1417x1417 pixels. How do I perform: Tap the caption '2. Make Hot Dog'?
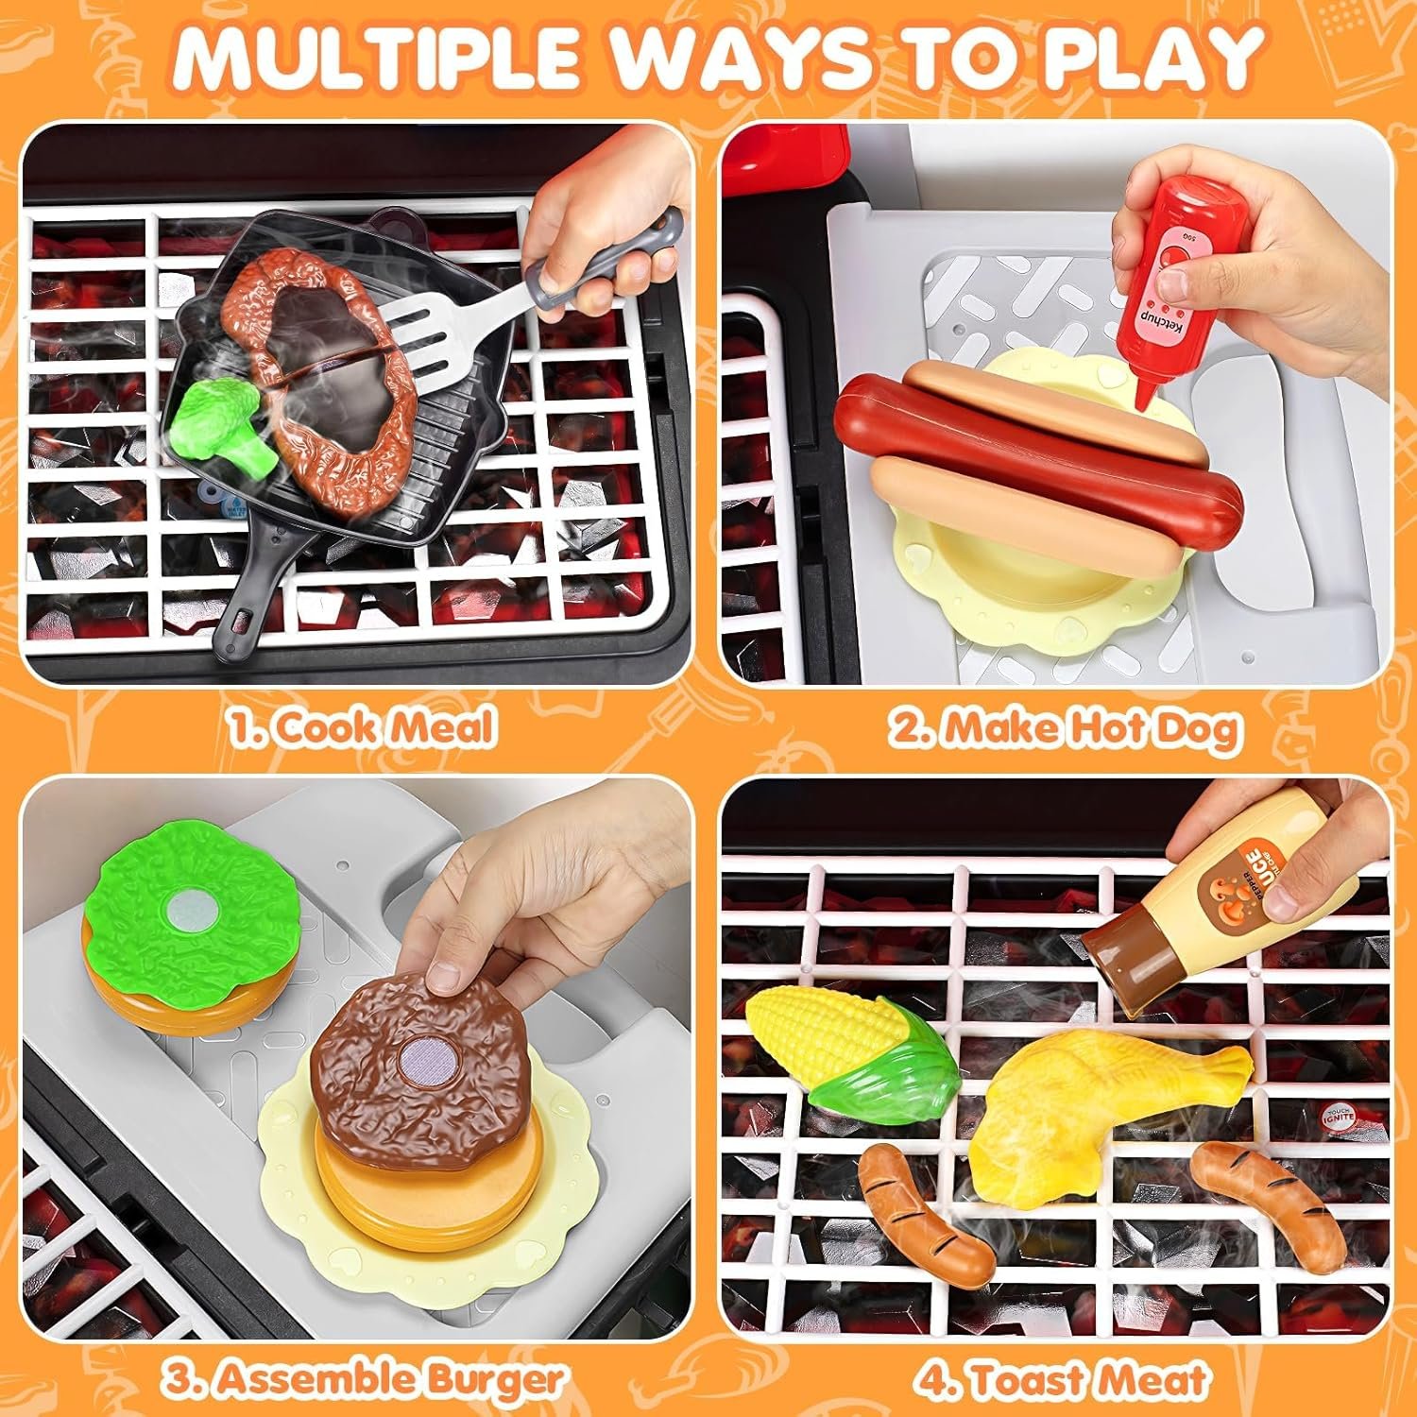click(x=1062, y=726)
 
